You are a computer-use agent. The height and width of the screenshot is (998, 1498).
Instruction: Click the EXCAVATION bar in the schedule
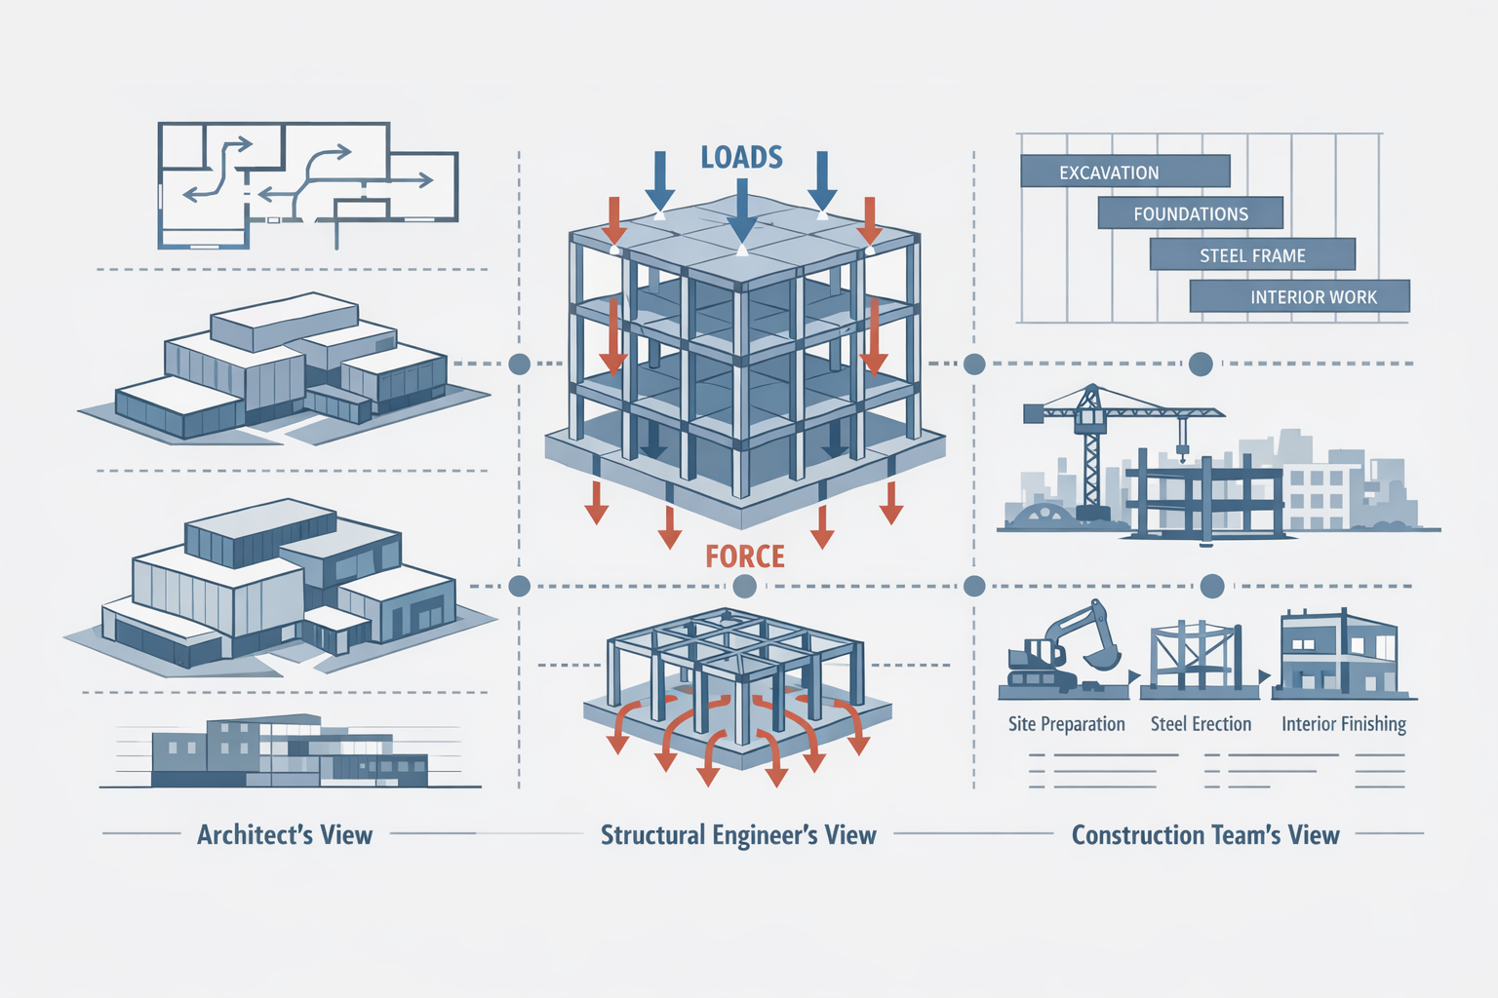point(1124,172)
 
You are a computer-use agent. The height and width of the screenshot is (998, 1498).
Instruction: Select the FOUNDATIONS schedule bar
point(1190,213)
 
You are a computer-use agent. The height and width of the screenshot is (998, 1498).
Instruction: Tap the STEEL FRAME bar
point(1252,255)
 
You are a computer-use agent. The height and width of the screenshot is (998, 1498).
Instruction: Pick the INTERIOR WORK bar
point(1300,296)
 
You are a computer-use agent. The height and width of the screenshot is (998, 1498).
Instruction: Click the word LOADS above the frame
point(741,157)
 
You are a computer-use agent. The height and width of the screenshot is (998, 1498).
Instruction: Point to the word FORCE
point(745,557)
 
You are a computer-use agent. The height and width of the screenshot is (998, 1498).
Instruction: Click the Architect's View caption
point(285,834)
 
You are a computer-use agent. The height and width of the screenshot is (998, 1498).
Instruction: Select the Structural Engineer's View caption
point(738,834)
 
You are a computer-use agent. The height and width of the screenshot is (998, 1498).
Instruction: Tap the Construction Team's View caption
point(1205,834)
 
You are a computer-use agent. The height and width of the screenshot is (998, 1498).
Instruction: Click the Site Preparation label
point(1066,724)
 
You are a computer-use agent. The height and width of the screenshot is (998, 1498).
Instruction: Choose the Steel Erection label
point(1201,724)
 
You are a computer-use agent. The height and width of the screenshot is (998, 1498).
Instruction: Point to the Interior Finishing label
point(1343,724)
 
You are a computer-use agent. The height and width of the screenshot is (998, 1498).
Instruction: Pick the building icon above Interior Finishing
point(1339,653)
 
